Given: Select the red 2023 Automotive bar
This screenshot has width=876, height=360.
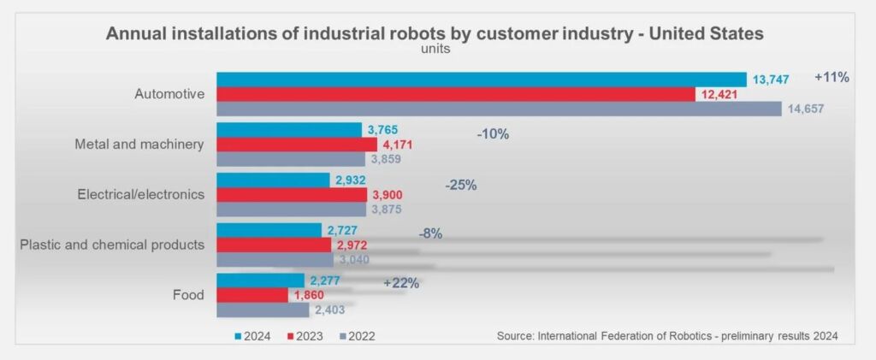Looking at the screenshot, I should (455, 94).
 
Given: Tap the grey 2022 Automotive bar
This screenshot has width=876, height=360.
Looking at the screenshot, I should (498, 109).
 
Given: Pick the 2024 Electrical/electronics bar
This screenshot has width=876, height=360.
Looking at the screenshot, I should (273, 180).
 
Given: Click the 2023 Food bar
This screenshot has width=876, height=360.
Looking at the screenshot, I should (252, 295).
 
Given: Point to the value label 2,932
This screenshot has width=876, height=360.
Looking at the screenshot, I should (352, 180).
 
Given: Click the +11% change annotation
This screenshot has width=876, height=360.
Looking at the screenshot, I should (832, 77).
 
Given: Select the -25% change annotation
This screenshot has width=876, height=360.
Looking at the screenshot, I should (461, 185).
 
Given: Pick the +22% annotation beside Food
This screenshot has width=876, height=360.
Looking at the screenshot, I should (401, 283).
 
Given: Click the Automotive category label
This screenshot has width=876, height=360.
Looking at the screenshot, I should (169, 94).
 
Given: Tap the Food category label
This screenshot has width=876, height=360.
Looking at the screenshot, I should (187, 295).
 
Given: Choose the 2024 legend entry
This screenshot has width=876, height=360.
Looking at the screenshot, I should (252, 336).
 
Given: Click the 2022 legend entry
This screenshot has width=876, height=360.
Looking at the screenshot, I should (356, 336).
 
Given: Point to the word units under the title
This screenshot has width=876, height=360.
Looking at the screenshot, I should (435, 49).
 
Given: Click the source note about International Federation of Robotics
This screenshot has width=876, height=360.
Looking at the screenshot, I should (666, 336).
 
